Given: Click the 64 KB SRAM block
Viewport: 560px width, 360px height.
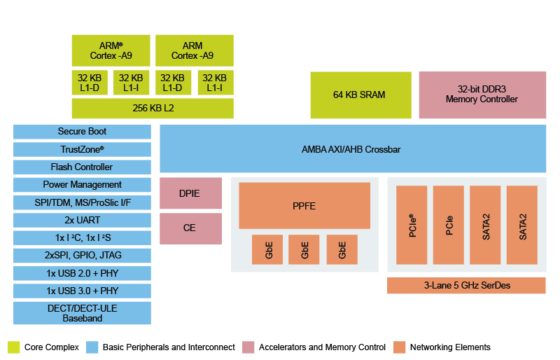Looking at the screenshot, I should click(x=358, y=95).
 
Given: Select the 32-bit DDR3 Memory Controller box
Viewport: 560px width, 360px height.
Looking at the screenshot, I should click(x=482, y=95).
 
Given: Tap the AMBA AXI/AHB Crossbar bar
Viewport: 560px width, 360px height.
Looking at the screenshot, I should click(x=352, y=149).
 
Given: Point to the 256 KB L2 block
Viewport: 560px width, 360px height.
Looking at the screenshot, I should click(x=153, y=109).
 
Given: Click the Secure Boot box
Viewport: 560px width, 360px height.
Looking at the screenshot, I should click(x=82, y=132).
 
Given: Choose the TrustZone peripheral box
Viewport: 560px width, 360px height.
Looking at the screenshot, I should click(x=82, y=149).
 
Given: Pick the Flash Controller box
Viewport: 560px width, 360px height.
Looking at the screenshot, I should click(x=82, y=167).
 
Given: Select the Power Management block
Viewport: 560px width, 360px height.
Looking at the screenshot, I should click(x=82, y=185).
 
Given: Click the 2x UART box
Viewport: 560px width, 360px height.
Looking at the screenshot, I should click(x=82, y=220).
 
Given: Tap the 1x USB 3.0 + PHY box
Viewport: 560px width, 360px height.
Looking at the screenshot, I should click(x=82, y=291).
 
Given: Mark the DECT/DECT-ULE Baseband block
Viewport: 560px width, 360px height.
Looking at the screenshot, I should click(x=82, y=313).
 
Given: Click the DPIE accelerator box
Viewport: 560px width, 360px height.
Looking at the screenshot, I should click(x=190, y=193).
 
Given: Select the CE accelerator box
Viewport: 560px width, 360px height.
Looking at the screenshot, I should click(x=190, y=228).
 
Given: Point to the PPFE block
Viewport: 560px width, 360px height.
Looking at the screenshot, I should click(x=304, y=206).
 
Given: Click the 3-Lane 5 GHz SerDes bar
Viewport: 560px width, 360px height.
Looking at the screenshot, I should click(x=465, y=286).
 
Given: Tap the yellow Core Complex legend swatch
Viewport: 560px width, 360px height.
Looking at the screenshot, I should click(x=14, y=347).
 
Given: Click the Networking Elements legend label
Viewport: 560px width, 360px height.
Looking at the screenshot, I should click(x=451, y=347).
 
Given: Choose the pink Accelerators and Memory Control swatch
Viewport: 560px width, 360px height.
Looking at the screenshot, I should click(x=248, y=347).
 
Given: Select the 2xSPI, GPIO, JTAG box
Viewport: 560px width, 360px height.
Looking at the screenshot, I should click(x=82, y=255).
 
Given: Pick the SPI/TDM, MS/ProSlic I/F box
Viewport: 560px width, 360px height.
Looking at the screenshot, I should click(x=82, y=202).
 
